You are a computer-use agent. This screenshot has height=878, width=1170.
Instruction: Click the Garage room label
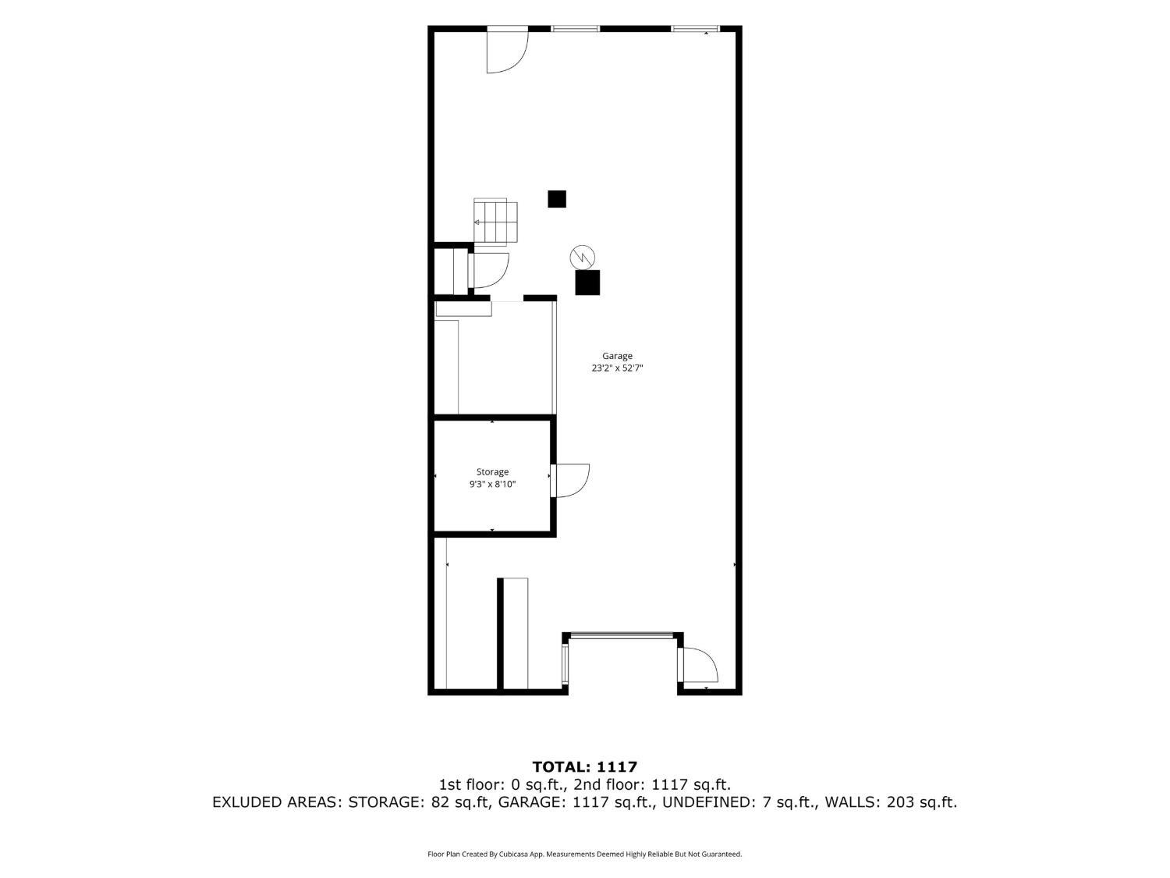[x=617, y=356]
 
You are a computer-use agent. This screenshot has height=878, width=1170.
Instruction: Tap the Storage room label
[x=492, y=472]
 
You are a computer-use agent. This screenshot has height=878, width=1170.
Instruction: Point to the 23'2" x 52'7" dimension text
[x=617, y=368]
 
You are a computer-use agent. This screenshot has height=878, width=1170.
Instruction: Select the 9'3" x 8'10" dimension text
[x=492, y=484]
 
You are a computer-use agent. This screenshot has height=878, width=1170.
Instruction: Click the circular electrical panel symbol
[x=582, y=258]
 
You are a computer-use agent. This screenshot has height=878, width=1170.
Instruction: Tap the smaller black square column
[x=556, y=199]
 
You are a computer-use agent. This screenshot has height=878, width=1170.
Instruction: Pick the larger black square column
[x=587, y=283]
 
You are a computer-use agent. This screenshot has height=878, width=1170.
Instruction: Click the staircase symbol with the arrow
[x=495, y=222]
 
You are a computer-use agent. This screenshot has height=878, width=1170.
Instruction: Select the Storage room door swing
[x=572, y=480]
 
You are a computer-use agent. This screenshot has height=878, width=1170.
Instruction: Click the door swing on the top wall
[x=507, y=50]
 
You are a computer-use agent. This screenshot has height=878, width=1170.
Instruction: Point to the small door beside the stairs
[x=489, y=271]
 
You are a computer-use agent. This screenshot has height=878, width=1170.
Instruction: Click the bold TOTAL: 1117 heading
[x=585, y=766]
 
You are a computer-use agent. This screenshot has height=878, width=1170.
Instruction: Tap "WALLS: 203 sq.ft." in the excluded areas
[x=892, y=802]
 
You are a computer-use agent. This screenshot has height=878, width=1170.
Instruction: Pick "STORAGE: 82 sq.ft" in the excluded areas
[x=420, y=802]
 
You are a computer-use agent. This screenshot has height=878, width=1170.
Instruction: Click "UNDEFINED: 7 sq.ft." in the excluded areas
[x=739, y=802]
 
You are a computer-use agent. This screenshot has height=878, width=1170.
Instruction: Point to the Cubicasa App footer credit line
[x=585, y=854]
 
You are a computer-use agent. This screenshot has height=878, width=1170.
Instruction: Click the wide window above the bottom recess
[x=622, y=635]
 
